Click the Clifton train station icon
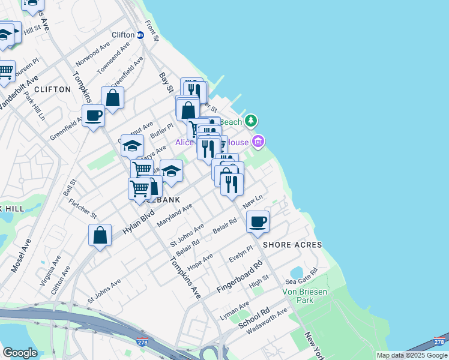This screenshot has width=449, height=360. [x=141, y=35]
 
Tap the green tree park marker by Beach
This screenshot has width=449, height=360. [x=251, y=121]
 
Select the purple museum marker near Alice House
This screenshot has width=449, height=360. [x=258, y=142]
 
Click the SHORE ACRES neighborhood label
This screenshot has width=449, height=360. [x=292, y=245]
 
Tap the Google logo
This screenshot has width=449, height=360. [x=20, y=352]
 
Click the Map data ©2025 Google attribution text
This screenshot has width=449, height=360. [x=412, y=355]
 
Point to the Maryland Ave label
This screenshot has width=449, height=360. [x=174, y=215]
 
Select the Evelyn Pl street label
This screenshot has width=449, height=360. [x=241, y=254]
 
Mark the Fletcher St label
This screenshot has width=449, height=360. [x=83, y=208]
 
